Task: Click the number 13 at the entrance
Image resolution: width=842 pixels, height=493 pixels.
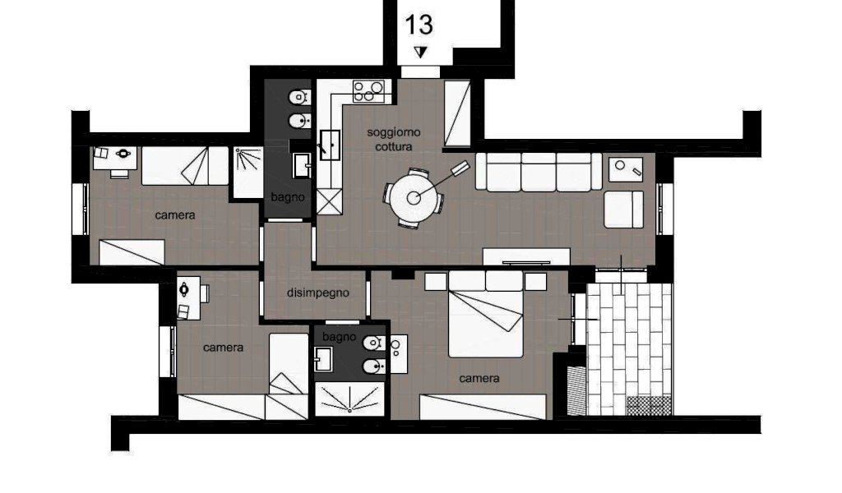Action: (x=419, y=25)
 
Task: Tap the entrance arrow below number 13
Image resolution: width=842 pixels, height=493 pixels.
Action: (x=420, y=52)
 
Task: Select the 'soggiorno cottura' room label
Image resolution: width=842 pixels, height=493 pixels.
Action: (x=394, y=140)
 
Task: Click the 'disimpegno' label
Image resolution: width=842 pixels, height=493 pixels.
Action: (x=318, y=293)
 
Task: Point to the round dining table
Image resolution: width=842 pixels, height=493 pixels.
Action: (x=414, y=198)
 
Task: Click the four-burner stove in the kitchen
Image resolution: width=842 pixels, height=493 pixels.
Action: (x=368, y=91)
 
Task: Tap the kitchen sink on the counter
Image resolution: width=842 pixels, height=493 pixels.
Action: (x=329, y=145)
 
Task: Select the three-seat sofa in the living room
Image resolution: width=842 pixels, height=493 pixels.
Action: (x=539, y=172)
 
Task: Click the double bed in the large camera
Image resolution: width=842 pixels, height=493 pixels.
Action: (x=485, y=315)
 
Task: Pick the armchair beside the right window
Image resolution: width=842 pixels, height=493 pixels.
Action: (x=623, y=210)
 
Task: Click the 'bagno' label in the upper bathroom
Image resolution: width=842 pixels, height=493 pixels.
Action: (x=287, y=197)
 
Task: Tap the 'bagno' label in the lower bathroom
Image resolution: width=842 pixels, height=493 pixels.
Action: (x=339, y=337)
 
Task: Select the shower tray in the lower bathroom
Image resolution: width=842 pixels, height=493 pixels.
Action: (x=349, y=399)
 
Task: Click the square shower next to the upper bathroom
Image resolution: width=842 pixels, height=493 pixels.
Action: (x=248, y=173)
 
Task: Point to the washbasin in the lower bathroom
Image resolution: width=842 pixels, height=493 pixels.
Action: (x=323, y=359)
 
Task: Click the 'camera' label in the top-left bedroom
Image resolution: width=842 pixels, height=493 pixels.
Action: (x=175, y=215)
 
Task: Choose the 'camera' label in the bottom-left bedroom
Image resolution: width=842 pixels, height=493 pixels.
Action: (x=224, y=348)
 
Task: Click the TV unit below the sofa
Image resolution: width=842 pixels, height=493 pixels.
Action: (x=526, y=256)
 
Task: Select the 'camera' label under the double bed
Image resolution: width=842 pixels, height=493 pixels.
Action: (x=479, y=378)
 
